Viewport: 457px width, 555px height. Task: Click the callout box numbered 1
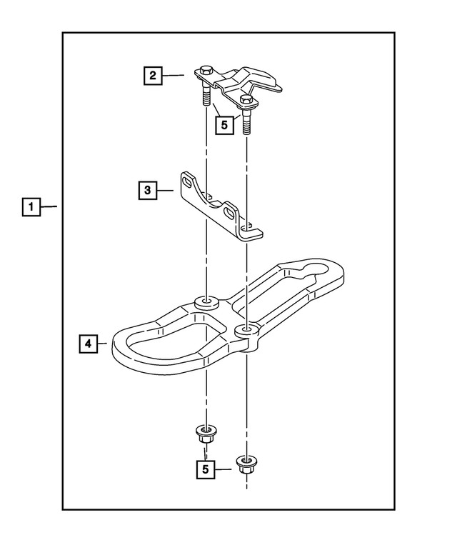pyautogui.click(x=30, y=207)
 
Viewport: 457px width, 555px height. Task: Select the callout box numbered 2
pyautogui.click(x=151, y=74)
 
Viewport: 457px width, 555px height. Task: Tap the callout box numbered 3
pyautogui.click(x=146, y=190)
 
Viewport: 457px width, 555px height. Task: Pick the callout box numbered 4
pyautogui.click(x=87, y=344)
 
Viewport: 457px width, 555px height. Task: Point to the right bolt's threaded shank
pyautogui.click(x=246, y=123)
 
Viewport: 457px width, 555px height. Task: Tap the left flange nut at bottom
pyautogui.click(x=206, y=432)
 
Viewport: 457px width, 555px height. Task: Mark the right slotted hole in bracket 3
pyautogui.click(x=229, y=212)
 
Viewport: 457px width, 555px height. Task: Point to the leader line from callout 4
pyautogui.click(x=101, y=344)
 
